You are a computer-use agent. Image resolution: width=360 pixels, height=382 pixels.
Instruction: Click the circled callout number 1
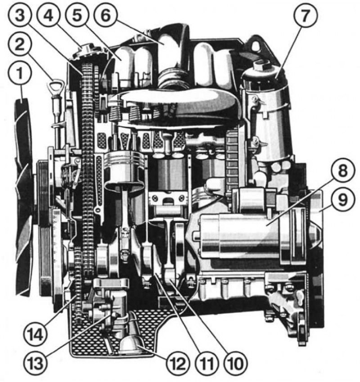pos(20,73)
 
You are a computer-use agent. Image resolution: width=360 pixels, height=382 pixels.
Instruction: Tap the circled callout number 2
pos(20,45)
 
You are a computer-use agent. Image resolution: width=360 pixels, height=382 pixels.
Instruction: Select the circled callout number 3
pos(20,16)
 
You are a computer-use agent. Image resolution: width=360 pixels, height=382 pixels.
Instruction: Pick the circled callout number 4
pos(49,16)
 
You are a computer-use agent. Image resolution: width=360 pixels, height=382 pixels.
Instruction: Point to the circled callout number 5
pos(77,16)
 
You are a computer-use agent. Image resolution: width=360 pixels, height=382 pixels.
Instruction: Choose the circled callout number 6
pos(106,16)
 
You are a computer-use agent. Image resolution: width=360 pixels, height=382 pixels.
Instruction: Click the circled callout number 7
pos(305,16)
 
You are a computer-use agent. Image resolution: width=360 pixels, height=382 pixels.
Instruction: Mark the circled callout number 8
pos(343,171)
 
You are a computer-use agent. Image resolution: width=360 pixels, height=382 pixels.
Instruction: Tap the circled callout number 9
pos(343,200)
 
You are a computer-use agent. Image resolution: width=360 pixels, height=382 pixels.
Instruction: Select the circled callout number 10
pos(235,364)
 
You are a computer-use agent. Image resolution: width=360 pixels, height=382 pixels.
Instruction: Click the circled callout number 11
pos(207,364)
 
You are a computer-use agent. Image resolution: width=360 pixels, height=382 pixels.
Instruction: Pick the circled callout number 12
pos(178,364)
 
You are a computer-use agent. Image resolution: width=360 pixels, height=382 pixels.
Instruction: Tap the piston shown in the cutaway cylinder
pos(124,171)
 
